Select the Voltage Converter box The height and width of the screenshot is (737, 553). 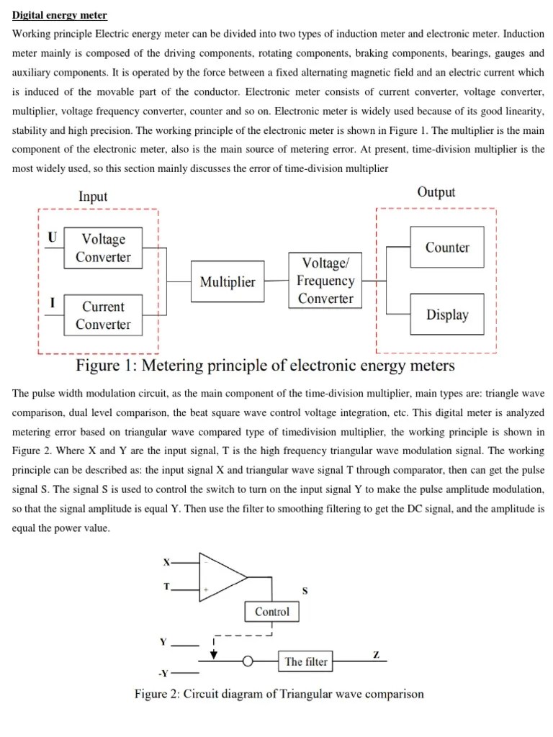pyautogui.click(x=103, y=248)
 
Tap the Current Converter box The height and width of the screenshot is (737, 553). pyautogui.click(x=103, y=315)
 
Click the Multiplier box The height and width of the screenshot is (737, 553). pyautogui.click(x=227, y=281)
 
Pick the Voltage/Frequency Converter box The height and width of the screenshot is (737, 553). pyautogui.click(x=325, y=281)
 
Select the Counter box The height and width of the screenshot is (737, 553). pyautogui.click(x=446, y=248)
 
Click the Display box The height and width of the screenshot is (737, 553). pyautogui.click(x=446, y=315)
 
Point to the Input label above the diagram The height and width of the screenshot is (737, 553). pyautogui.click(x=92, y=196)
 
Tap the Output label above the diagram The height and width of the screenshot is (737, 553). pyautogui.click(x=436, y=192)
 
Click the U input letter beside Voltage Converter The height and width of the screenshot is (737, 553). pyautogui.click(x=52, y=237)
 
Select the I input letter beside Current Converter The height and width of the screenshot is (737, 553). pyautogui.click(x=52, y=303)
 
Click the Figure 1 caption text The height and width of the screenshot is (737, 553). pyautogui.click(x=266, y=366)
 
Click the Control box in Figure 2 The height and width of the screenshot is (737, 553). pyautogui.click(x=272, y=612)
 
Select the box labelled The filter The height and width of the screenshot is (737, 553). pyautogui.click(x=306, y=661)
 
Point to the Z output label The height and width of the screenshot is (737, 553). pyautogui.click(x=376, y=654)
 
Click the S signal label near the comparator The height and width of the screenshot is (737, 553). pyautogui.click(x=305, y=591)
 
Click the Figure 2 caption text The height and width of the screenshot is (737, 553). pyautogui.click(x=279, y=695)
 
